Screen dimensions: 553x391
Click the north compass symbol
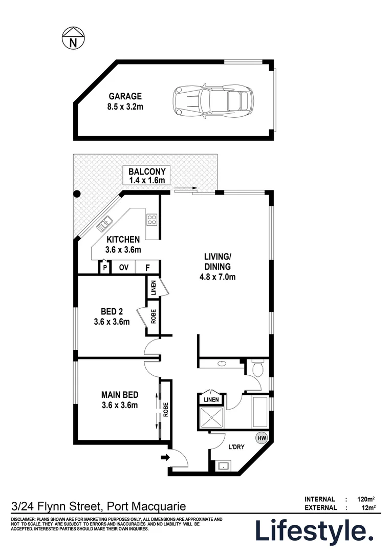coord(73,39)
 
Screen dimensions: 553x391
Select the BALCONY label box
coord(147,176)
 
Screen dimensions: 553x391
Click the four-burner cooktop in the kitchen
coord(153,220)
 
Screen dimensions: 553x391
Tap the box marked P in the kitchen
coord(104,267)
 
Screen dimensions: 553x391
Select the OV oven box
coord(123,267)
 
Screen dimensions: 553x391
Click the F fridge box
coord(147,267)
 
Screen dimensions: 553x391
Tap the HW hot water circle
coord(262,438)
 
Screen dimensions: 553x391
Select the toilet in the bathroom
coord(257,368)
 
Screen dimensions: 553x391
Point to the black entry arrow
coord(165,457)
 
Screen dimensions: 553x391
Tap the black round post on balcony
coord(77,194)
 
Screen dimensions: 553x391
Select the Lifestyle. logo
coord(314,530)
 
